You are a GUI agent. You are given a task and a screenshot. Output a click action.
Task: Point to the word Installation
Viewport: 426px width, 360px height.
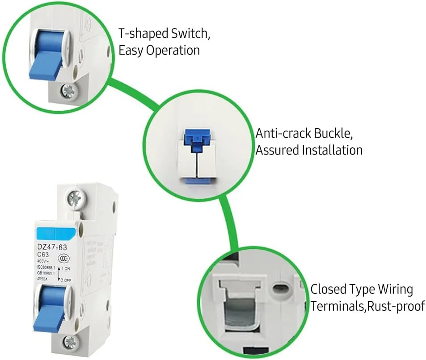pos(332,150)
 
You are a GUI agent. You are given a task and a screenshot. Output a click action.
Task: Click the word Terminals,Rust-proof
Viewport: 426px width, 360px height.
pos(367,306)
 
